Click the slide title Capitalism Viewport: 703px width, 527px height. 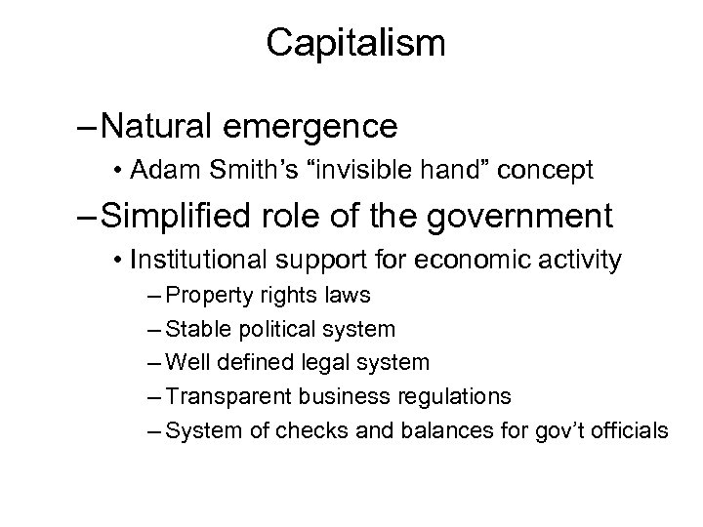tap(355, 42)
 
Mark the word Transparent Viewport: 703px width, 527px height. tap(221, 397)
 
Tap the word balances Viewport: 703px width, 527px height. tap(441, 430)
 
